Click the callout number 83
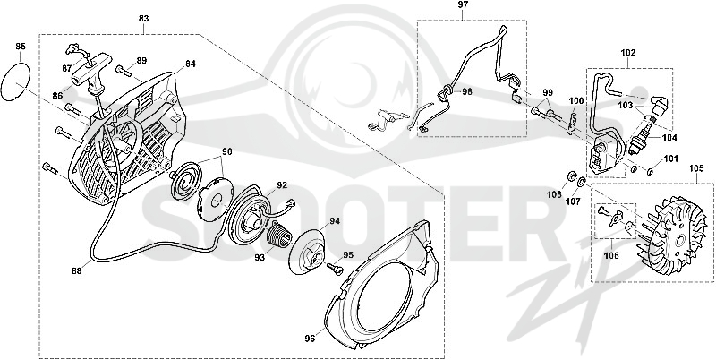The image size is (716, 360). point(143,19)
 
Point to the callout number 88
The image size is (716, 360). point(76,271)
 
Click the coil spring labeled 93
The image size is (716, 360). point(277,235)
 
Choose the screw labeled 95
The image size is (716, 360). point(334,268)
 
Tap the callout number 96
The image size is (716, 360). point(310,339)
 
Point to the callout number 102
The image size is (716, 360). point(628,53)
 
